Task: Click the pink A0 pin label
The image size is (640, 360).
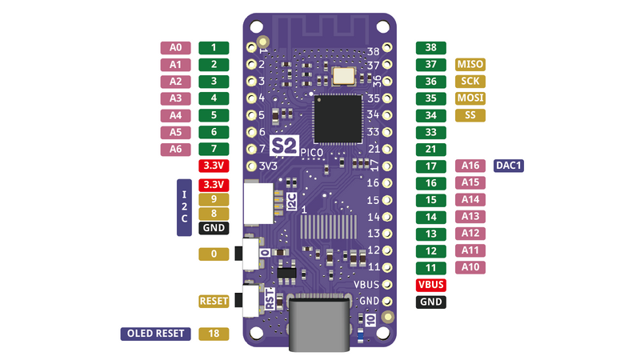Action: coord(176,48)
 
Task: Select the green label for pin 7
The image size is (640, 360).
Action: coord(214,149)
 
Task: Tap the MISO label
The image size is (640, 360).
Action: coord(470,65)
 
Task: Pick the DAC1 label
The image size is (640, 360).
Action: coord(509,166)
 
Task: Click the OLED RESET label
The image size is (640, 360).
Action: coord(155,334)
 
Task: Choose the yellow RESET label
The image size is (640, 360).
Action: coord(214,302)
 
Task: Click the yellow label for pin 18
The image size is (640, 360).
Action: coord(214,334)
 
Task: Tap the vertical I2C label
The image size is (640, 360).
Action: coord(184,207)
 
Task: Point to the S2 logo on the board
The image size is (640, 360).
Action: coord(284,146)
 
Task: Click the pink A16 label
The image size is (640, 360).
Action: coord(470,166)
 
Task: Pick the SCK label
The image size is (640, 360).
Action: coord(470,82)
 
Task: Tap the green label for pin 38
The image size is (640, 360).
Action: coord(431,48)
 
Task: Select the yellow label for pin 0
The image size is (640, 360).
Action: coord(214,254)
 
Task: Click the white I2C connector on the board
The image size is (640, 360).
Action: coord(258,203)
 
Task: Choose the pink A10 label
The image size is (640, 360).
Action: coord(470,266)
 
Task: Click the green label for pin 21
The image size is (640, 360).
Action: coord(431,149)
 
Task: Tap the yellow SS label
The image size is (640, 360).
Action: coord(470,115)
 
